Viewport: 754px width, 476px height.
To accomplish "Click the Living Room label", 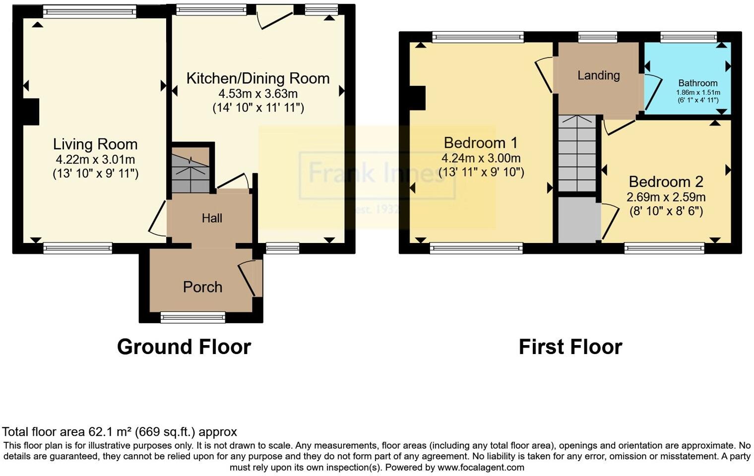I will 95,144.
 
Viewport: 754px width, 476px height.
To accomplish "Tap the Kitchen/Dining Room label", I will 257,78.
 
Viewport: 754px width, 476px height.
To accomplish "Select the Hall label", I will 212,218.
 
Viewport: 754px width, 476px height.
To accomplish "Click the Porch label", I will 202,287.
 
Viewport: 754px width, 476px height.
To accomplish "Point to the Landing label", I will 598,75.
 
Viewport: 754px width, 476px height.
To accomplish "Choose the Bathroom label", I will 698,83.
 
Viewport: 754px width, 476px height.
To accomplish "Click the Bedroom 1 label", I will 480,143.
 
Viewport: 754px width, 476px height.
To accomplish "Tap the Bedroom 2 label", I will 666,181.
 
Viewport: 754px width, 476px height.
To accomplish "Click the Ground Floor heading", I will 184,347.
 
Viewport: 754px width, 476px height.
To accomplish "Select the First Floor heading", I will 570,347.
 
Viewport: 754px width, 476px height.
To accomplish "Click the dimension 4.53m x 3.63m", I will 258,94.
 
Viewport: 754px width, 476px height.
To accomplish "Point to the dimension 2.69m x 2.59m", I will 666,197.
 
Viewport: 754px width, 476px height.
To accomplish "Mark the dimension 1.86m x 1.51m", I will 698,92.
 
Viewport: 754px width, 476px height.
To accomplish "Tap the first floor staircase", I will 577,154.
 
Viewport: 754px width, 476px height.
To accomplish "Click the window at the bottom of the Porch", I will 192,317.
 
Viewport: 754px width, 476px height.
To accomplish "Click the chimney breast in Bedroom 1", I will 417,97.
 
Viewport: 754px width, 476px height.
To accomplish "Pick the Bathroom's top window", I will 688,37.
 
